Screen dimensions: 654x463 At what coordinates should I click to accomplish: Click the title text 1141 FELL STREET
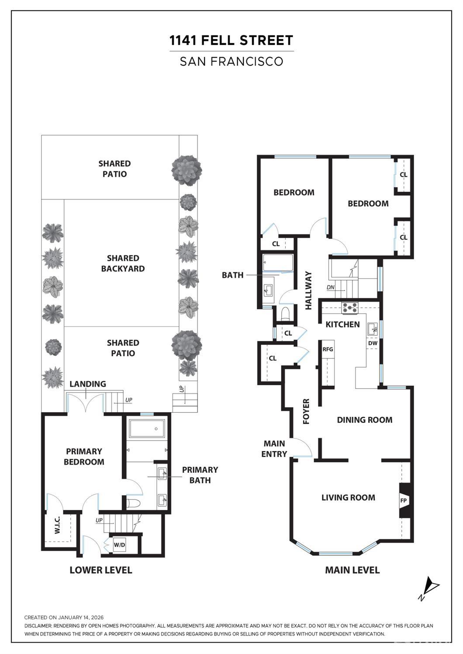click(x=231, y=41)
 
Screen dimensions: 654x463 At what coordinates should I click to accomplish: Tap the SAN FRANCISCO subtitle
click(x=231, y=61)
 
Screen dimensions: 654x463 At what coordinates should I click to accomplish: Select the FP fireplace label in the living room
click(x=404, y=500)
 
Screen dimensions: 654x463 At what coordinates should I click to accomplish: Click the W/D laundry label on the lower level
click(x=119, y=545)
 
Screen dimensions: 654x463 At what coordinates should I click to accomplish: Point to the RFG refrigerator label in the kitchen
click(x=328, y=349)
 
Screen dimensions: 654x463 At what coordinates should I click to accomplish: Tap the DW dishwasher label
click(x=373, y=343)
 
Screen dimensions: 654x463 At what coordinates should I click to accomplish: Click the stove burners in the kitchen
click(x=349, y=308)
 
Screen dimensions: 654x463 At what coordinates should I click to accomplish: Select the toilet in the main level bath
click(x=286, y=314)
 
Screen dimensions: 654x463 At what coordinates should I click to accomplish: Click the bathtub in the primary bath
click(x=147, y=429)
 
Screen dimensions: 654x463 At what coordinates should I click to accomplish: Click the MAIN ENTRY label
click(x=274, y=449)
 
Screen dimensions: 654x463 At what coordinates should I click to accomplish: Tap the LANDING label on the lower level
click(x=88, y=384)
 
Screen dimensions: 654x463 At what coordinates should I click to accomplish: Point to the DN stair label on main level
click(x=331, y=287)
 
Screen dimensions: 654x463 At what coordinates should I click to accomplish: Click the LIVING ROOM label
click(x=348, y=497)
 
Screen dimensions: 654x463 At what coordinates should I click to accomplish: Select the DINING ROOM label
click(x=364, y=420)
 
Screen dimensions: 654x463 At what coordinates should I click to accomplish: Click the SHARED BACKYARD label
click(x=123, y=263)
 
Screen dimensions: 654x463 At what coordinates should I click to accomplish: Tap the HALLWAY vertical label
click(x=308, y=291)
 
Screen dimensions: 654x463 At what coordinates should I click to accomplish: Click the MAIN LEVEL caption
click(x=352, y=570)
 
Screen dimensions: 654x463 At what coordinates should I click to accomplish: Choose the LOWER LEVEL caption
click(x=100, y=570)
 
